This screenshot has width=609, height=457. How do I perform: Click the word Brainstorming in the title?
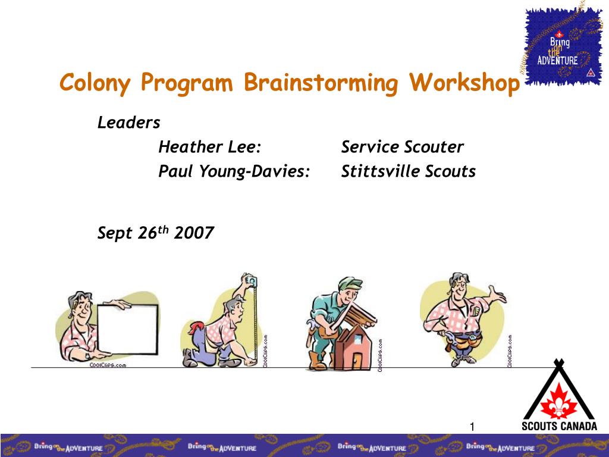pos(321,83)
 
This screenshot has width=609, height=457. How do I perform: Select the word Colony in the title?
pos(95,83)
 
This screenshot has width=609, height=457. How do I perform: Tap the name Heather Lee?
pos(206,147)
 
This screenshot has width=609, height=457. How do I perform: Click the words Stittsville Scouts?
pos(408,171)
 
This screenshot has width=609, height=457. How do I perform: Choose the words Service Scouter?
pos(403,147)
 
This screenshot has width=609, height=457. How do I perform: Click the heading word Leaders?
pos(128,123)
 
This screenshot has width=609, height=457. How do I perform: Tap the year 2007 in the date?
pos(194,233)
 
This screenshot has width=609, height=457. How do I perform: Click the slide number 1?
pos(472,427)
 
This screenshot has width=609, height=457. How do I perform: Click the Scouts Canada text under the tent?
pos(559,426)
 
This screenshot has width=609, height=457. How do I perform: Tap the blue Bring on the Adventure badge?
pos(561,46)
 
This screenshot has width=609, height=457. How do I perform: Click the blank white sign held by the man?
pos(127,329)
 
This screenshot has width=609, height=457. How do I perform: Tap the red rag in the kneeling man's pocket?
pos(197,328)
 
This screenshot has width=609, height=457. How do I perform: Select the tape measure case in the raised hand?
pos(252,281)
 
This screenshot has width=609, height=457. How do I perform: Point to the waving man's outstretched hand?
pos(497,294)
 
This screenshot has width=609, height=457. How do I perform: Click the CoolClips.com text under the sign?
pos(108,365)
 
